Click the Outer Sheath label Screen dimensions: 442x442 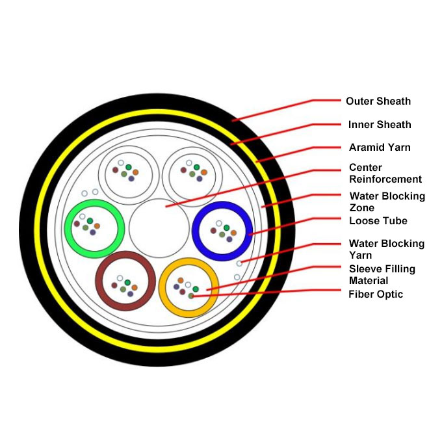pos(378,101)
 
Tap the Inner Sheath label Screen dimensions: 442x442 pos(380,125)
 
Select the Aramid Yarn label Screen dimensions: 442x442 pos(380,148)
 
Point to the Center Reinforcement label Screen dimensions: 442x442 pos(385,174)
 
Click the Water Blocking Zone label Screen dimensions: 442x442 pos(387,201)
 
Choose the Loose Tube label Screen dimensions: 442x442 pos(378,221)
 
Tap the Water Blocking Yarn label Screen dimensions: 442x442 pos(387,249)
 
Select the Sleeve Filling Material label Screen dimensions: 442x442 pos(382,274)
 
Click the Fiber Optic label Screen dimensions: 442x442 pos(376,294)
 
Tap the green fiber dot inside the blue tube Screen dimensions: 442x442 pos(226,227)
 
